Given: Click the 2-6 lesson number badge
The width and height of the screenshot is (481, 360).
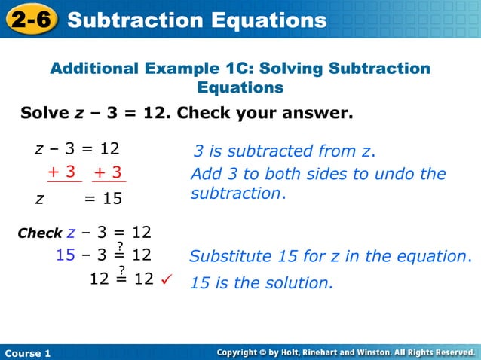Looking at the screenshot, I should [31, 20].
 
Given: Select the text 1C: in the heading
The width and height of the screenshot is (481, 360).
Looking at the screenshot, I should [238, 69].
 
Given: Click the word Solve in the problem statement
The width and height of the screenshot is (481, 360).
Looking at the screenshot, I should [44, 114].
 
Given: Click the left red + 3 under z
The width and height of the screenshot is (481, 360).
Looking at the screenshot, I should [63, 172].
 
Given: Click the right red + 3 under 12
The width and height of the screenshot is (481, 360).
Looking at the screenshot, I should [109, 172].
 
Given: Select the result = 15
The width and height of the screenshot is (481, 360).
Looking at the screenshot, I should [103, 199].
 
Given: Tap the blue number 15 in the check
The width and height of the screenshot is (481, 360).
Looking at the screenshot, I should [66, 255].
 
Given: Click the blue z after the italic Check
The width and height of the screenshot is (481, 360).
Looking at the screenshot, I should [72, 232].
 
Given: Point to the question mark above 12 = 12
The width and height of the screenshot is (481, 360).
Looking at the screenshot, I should [121, 270].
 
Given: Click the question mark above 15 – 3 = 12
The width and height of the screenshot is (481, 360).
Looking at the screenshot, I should [119, 246].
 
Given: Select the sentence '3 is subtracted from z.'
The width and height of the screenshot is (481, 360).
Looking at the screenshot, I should [284, 152].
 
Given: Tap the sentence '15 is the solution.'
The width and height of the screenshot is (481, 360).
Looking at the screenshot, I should [261, 283].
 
